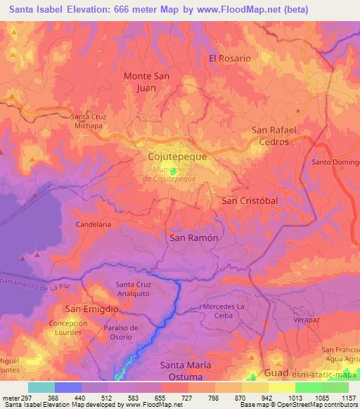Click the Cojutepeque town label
pos(178,157)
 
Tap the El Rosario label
pos(229,58)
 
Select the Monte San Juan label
pos(148,82)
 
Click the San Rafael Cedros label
pos(275,136)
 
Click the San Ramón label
pos(193,238)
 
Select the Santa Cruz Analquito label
pos(133,290)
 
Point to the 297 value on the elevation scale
pos(19,398)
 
